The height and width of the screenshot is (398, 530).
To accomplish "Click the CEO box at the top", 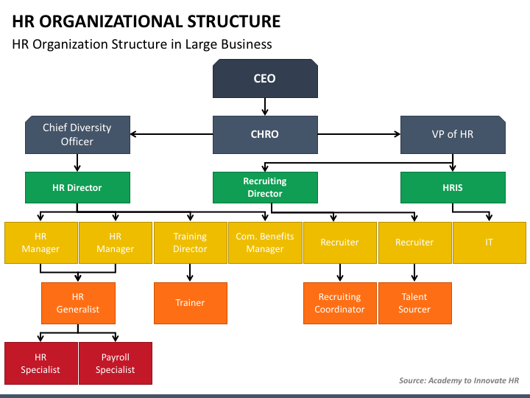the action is click(265, 79).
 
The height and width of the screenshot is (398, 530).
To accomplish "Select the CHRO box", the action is click(265, 135).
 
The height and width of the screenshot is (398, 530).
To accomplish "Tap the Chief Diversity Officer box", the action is click(77, 135).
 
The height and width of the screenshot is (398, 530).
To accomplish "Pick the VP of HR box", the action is click(453, 135).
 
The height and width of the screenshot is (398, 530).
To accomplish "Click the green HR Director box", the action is click(77, 187).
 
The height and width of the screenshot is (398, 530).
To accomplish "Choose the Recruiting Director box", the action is click(265, 187).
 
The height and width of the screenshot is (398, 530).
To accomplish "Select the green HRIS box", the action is click(453, 187).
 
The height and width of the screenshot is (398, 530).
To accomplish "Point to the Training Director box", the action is click(191, 242).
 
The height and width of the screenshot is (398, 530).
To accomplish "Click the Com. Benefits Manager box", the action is click(265, 242).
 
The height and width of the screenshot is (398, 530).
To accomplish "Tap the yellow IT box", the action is click(490, 242).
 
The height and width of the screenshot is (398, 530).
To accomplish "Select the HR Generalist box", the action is click(78, 303).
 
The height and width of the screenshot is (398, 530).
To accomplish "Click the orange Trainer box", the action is click(191, 303).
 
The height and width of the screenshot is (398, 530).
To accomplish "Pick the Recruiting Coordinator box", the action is click(339, 303).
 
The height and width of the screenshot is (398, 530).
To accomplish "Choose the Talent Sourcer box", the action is click(414, 303).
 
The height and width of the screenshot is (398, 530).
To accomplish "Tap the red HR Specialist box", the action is click(41, 363).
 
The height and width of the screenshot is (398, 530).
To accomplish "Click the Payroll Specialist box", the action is click(116, 363).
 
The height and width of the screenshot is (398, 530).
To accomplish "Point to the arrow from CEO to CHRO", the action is click(265, 107).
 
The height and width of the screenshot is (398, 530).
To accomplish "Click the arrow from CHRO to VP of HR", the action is click(359, 134).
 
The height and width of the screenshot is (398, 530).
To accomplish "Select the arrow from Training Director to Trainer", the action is click(190, 273).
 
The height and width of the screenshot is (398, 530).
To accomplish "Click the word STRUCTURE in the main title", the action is click(234, 21).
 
